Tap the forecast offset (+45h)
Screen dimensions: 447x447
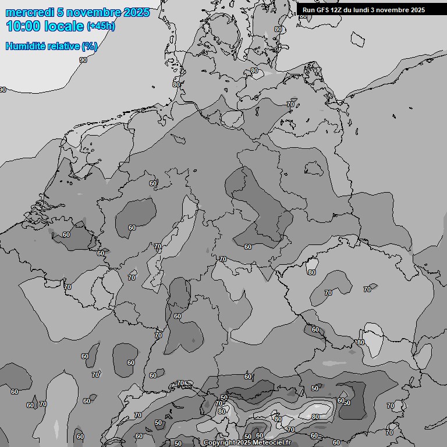pos(101,27)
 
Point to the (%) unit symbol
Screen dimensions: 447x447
pos(90,46)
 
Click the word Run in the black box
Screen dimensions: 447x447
pos(309,10)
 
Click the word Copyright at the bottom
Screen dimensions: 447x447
pos(219,443)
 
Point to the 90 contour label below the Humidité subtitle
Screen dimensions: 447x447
pos(83,60)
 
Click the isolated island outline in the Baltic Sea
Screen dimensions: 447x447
pos(357,38)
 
